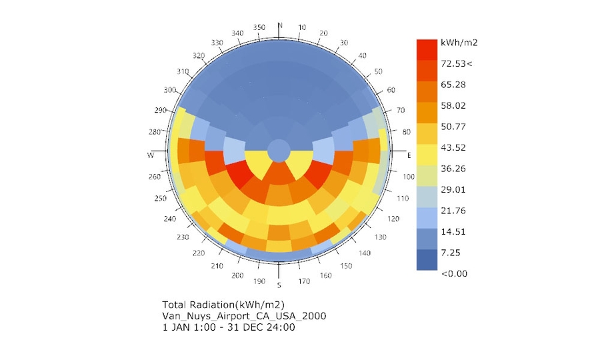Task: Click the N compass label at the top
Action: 279,25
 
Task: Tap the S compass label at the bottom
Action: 279,285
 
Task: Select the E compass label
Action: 409,155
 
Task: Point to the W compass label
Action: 150,155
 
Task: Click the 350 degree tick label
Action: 259,27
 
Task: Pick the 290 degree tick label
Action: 161,111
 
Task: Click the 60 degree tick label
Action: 391,90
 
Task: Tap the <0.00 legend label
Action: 454,273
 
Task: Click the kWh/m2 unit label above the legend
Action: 459,43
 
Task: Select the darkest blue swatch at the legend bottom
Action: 427,259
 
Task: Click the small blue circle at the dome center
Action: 279,150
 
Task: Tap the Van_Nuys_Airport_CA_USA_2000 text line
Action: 244,315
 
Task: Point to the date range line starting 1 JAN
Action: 229,327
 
